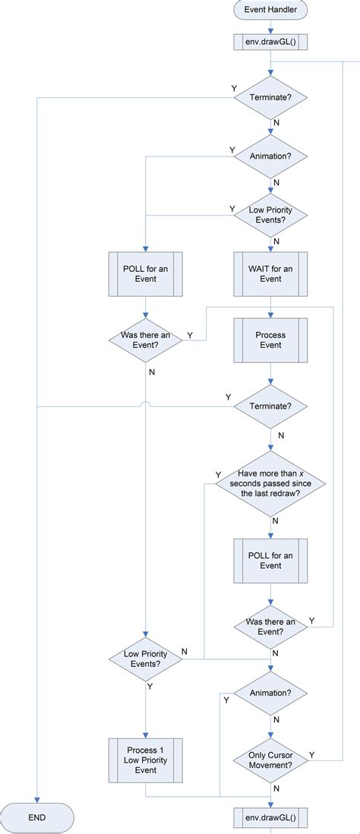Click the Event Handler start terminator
pyautogui.click(x=270, y=10)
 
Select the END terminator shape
pyautogui.click(x=36, y=817)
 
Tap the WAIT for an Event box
pyautogui.click(x=270, y=273)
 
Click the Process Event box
pyautogui.click(x=270, y=339)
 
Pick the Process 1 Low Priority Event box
pyautogui.click(x=145, y=760)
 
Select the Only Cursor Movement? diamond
pyautogui.click(x=270, y=760)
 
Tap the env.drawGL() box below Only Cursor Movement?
pyautogui.click(x=270, y=817)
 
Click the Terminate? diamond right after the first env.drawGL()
pyautogui.click(x=270, y=97)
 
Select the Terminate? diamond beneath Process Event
pyautogui.click(x=270, y=406)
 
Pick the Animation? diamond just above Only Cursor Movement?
pyautogui.click(x=270, y=693)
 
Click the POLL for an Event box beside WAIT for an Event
pyautogui.click(x=145, y=273)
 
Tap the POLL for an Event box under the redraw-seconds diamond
pyautogui.click(x=270, y=559)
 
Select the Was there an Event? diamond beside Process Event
pyautogui.click(x=145, y=339)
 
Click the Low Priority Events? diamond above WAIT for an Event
pyautogui.click(x=270, y=214)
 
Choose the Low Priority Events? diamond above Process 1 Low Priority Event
pyautogui.click(x=145, y=658)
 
